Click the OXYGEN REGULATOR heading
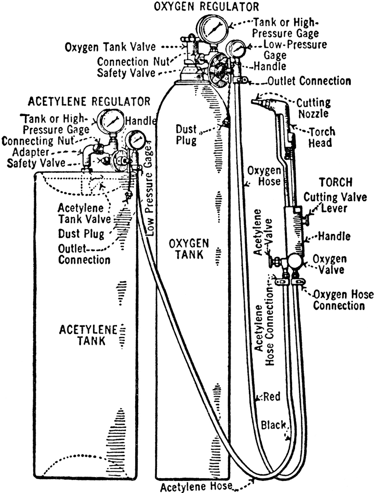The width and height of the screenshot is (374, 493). click(x=206, y=6)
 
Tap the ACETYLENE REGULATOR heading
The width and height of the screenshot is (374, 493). click(x=89, y=102)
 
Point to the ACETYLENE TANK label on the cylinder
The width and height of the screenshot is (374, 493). click(x=88, y=335)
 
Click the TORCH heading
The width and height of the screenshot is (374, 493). click(x=336, y=182)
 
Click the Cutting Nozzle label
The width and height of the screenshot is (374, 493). click(x=313, y=108)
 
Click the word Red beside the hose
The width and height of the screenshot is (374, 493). click(x=271, y=397)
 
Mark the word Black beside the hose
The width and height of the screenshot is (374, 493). click(x=273, y=425)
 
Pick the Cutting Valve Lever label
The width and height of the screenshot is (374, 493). click(x=335, y=203)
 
